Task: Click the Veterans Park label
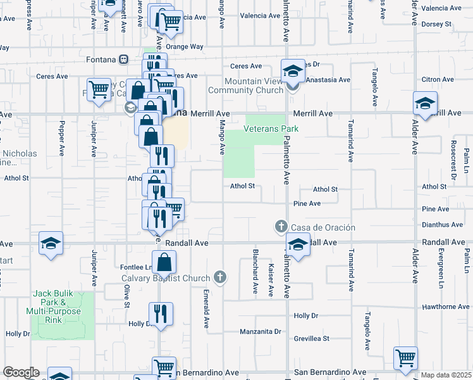point(271,129)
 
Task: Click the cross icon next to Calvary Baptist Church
point(219,277)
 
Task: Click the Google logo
point(21,372)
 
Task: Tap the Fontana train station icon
point(124,60)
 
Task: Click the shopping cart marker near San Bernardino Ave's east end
point(405,357)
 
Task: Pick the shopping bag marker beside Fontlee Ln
point(163,262)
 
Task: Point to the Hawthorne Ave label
point(446,307)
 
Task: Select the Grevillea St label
point(312,338)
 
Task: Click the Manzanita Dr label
point(260,331)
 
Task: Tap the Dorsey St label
point(436,24)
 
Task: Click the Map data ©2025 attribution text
point(446,375)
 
